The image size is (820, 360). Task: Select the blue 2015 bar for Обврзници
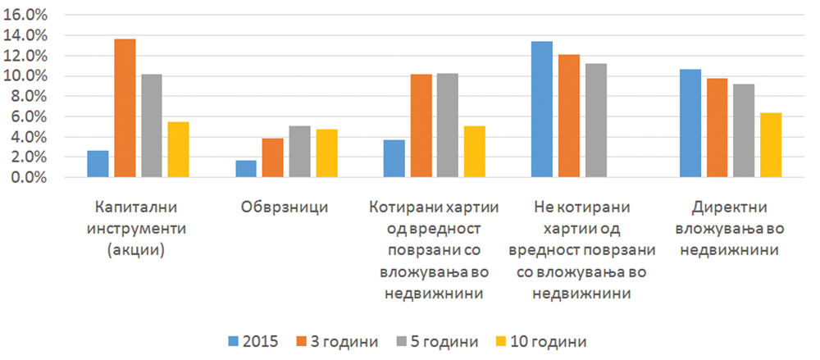tap(246, 169)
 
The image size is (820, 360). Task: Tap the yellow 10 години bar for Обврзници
tap(326, 153)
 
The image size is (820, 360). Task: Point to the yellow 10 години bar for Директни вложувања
tap(771, 145)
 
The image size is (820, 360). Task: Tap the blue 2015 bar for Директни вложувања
tap(690, 123)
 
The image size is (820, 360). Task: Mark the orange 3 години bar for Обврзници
tap(273, 157)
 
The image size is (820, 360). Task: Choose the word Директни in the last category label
tap(730, 207)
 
